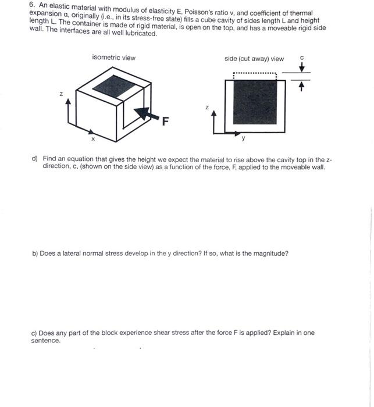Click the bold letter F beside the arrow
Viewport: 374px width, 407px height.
coord(165,122)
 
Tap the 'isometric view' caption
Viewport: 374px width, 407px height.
coord(113,58)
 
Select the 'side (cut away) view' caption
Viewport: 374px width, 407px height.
coord(254,58)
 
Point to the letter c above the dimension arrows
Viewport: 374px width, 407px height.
coord(301,58)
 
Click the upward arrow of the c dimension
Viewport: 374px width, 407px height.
coord(301,87)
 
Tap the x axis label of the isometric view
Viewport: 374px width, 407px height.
coord(92,139)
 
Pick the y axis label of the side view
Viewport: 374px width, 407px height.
coord(243,138)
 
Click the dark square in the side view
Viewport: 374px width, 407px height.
coord(254,102)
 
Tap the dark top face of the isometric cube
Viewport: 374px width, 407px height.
coord(115,87)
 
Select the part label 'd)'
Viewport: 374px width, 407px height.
coord(35,158)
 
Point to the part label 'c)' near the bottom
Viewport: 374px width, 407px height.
coord(34,333)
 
